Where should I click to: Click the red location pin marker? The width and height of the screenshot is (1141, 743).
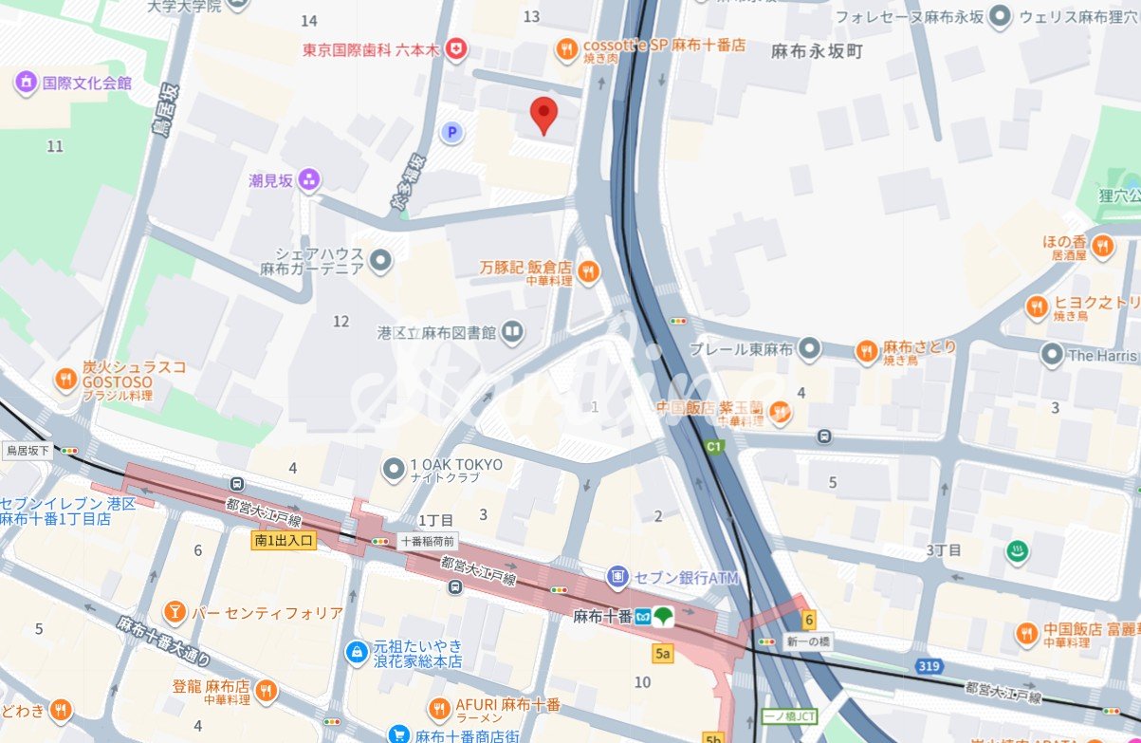pyautogui.click(x=543, y=115)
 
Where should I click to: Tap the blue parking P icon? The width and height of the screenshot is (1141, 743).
pyautogui.click(x=452, y=133)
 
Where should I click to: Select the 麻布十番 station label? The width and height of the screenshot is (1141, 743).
pyautogui.click(x=602, y=616)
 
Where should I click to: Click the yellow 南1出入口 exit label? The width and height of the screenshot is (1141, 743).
pyautogui.click(x=284, y=540)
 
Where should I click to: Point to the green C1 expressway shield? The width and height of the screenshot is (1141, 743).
pyautogui.click(x=712, y=445)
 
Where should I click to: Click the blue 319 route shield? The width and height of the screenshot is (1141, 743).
pyautogui.click(x=929, y=667)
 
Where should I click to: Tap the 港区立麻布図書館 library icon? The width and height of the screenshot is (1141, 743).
pyautogui.click(x=512, y=331)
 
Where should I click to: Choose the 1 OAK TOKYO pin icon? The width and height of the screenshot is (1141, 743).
pyautogui.click(x=394, y=469)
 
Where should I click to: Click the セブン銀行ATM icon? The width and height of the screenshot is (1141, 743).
pyautogui.click(x=618, y=577)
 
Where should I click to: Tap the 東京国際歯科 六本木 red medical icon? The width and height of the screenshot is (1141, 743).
pyautogui.click(x=457, y=49)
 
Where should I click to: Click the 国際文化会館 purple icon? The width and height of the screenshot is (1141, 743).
pyautogui.click(x=26, y=83)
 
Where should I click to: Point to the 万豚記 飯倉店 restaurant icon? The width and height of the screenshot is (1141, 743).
pyautogui.click(x=588, y=273)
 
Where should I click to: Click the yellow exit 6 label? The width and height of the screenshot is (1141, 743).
pyautogui.click(x=808, y=621)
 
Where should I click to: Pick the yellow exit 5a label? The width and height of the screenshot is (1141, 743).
pyautogui.click(x=662, y=654)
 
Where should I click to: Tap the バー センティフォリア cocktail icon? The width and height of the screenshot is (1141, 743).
pyautogui.click(x=175, y=612)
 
